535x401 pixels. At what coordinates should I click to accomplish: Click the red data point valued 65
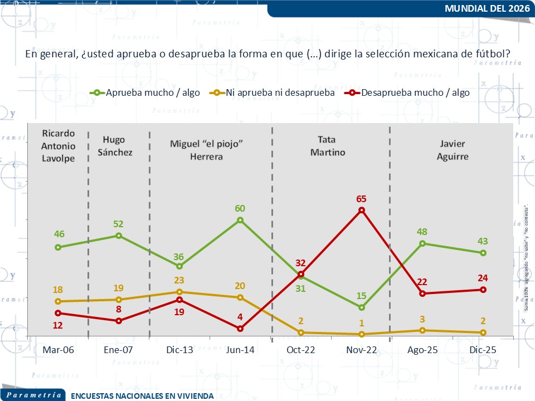[x=362, y=210]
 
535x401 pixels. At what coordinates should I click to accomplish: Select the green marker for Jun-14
[x=240, y=220]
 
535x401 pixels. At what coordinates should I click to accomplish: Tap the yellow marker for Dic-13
[x=179, y=292]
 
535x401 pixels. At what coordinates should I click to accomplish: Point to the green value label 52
[x=118, y=224]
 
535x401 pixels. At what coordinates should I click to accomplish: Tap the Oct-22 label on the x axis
[x=301, y=349]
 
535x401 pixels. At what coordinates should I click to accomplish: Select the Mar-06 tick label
[x=58, y=349]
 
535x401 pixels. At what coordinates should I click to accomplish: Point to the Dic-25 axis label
[x=483, y=349]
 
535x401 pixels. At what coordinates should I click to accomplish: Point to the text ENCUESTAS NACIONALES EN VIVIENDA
[x=142, y=396]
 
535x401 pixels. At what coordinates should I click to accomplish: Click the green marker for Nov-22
[x=362, y=307]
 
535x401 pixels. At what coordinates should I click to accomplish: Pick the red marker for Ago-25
[x=422, y=294]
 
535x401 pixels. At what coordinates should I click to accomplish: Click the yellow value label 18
[x=57, y=290]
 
